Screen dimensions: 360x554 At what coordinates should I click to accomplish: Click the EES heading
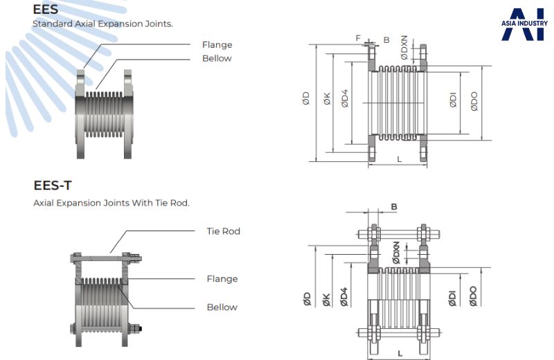point(45,10)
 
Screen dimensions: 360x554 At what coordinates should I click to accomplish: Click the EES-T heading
point(53,186)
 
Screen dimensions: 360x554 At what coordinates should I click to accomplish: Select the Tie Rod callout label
point(223,231)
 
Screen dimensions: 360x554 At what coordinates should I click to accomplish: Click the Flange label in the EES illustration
point(217,45)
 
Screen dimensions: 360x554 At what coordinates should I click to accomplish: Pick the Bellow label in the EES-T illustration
point(222,307)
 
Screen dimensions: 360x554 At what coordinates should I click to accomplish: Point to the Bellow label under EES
point(217,58)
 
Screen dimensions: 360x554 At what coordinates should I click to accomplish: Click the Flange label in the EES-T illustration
point(222,279)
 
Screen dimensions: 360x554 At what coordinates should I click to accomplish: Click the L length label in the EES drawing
point(400,159)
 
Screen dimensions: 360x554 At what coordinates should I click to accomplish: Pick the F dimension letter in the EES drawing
point(358,38)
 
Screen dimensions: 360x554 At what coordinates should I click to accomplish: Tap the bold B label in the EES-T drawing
point(394,206)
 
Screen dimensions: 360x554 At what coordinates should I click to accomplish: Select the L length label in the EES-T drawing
point(401,353)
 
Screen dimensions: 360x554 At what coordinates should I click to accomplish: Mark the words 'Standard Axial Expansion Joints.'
point(102,24)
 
